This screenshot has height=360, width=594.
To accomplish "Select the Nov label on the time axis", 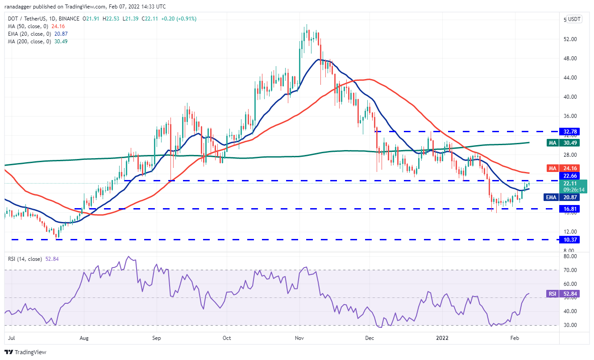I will coord(299,339).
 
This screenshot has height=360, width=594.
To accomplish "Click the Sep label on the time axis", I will coord(156,339).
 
